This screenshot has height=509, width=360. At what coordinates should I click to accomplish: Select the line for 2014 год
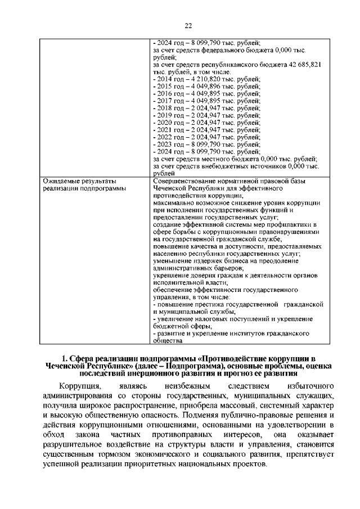coord(206,79)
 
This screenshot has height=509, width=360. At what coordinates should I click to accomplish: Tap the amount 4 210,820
coord(213,79)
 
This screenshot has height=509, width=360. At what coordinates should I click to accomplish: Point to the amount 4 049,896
coord(213,87)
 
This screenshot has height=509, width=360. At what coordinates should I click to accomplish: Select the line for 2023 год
coord(206,144)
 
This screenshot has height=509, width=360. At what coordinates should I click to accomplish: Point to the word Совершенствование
coord(186,181)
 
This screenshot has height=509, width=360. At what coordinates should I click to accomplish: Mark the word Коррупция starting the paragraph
coord(80,386)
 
